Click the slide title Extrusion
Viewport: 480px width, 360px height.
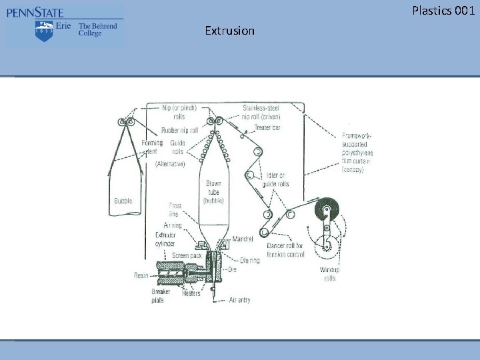(x=229, y=31)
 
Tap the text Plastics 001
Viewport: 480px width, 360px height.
(x=443, y=10)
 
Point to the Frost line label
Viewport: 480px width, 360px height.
(x=174, y=210)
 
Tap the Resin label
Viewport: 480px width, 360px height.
(x=141, y=274)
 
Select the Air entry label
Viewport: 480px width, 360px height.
(x=239, y=301)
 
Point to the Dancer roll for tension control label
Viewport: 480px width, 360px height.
(x=285, y=250)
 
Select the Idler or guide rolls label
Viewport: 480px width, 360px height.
(x=274, y=180)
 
